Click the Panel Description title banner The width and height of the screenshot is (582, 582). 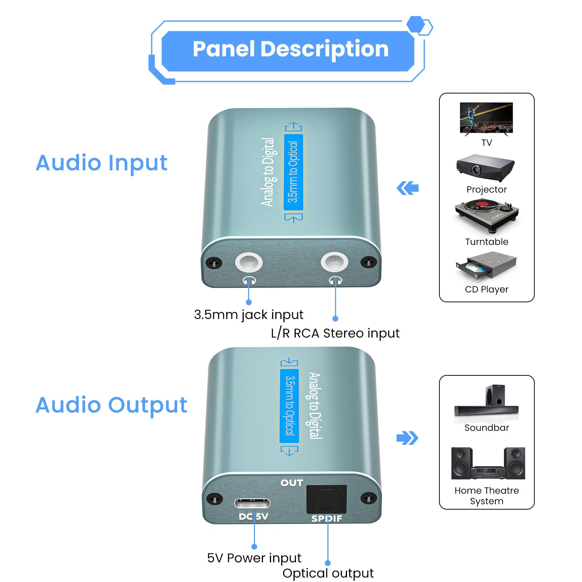tap(290, 49)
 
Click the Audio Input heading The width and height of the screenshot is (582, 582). tap(101, 163)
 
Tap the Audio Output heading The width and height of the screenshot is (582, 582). tap(111, 405)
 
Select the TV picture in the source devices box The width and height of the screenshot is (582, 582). tap(486, 118)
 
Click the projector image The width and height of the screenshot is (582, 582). tap(486, 168)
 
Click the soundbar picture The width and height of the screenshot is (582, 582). tap(486, 402)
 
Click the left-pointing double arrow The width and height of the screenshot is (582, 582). tap(408, 188)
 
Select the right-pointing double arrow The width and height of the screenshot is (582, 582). tap(407, 438)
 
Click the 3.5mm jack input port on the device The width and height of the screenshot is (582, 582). tap(249, 262)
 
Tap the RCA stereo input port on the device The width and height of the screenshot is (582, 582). tap(334, 262)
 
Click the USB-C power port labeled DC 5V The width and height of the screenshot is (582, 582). tap(252, 503)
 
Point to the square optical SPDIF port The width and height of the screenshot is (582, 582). tap(326, 499)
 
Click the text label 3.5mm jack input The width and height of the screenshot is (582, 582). tap(248, 315)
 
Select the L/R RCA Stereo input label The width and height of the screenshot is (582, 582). tap(335, 333)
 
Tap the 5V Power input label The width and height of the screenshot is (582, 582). tap(254, 558)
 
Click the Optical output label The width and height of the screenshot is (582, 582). tap(328, 573)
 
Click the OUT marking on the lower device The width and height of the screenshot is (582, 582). tap(291, 483)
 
